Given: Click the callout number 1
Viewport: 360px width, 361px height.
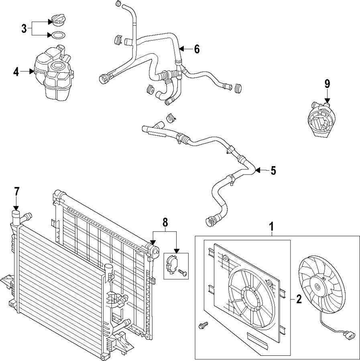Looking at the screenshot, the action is click(x=272, y=227).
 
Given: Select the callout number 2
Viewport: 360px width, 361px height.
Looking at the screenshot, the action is click(x=299, y=299).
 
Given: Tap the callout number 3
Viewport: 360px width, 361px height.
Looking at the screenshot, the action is click(x=24, y=29).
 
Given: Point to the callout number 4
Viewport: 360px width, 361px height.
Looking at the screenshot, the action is click(x=16, y=72).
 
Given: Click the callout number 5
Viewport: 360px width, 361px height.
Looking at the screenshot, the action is click(x=273, y=170).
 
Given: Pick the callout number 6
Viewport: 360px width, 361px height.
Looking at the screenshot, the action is click(x=197, y=49).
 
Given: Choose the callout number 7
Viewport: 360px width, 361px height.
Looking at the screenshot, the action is click(x=16, y=192).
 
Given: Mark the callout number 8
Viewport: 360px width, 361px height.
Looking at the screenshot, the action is click(x=165, y=223).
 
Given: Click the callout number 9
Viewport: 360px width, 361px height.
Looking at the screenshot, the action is click(x=327, y=84).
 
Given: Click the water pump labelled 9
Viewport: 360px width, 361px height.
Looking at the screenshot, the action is click(x=320, y=120).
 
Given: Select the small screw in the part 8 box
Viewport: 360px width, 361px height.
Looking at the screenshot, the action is click(x=183, y=273).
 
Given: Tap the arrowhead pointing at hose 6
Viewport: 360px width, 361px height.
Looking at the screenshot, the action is click(x=182, y=49).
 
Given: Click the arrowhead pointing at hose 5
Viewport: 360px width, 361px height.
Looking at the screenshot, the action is click(x=258, y=170).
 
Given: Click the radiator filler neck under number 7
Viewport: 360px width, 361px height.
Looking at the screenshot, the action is click(x=16, y=217).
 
